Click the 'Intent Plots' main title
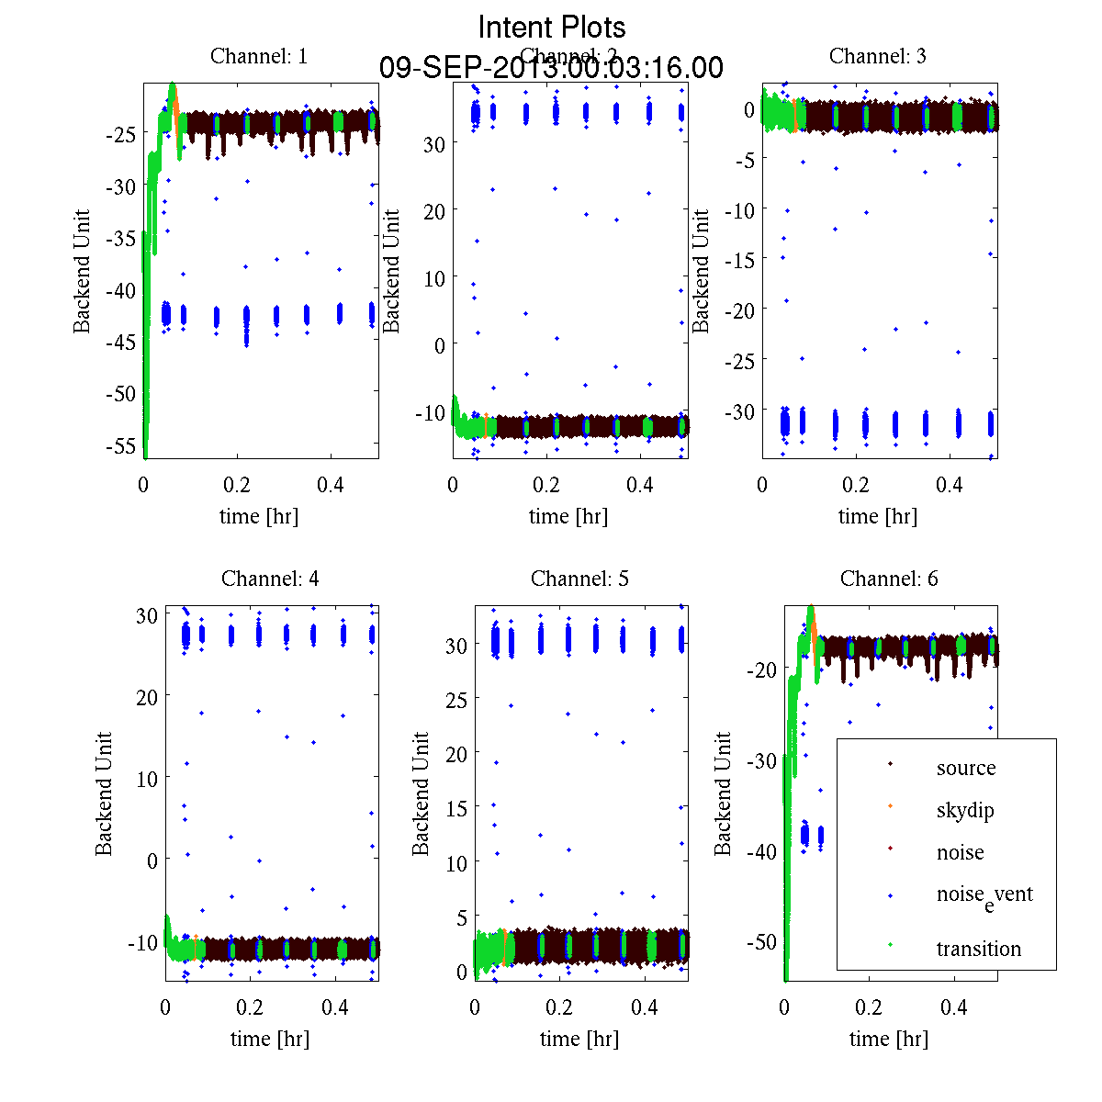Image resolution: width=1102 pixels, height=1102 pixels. tap(551, 27)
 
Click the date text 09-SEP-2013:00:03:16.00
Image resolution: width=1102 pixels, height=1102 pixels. tap(551, 68)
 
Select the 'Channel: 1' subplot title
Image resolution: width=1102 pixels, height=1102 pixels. tap(259, 56)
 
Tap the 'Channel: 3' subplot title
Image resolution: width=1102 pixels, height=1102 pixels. tap(877, 56)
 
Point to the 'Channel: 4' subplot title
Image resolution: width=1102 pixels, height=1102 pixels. tap(270, 579)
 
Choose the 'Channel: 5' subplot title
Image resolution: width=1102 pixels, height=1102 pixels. tap(579, 579)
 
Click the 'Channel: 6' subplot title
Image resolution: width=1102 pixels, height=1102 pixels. tap(889, 579)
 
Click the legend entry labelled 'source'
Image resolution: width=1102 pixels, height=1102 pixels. tap(966, 768)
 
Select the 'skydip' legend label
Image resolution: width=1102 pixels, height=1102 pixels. tap(965, 810)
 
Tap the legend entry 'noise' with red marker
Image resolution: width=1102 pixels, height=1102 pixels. tap(960, 852)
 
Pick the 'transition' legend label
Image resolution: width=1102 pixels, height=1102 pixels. tap(979, 949)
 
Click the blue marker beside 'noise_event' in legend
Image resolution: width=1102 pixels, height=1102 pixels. tap(891, 894)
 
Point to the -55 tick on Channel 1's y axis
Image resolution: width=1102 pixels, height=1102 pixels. tap(121, 446)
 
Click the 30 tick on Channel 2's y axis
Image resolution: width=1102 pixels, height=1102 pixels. tap(433, 144)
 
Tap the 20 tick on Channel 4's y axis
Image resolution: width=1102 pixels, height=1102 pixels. tap(147, 697)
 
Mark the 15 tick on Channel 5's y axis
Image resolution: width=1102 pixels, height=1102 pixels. tap(456, 808)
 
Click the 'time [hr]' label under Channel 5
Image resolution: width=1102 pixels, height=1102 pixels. tap(579, 1039)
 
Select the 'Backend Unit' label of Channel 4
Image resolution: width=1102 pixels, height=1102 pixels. tap(104, 794)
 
